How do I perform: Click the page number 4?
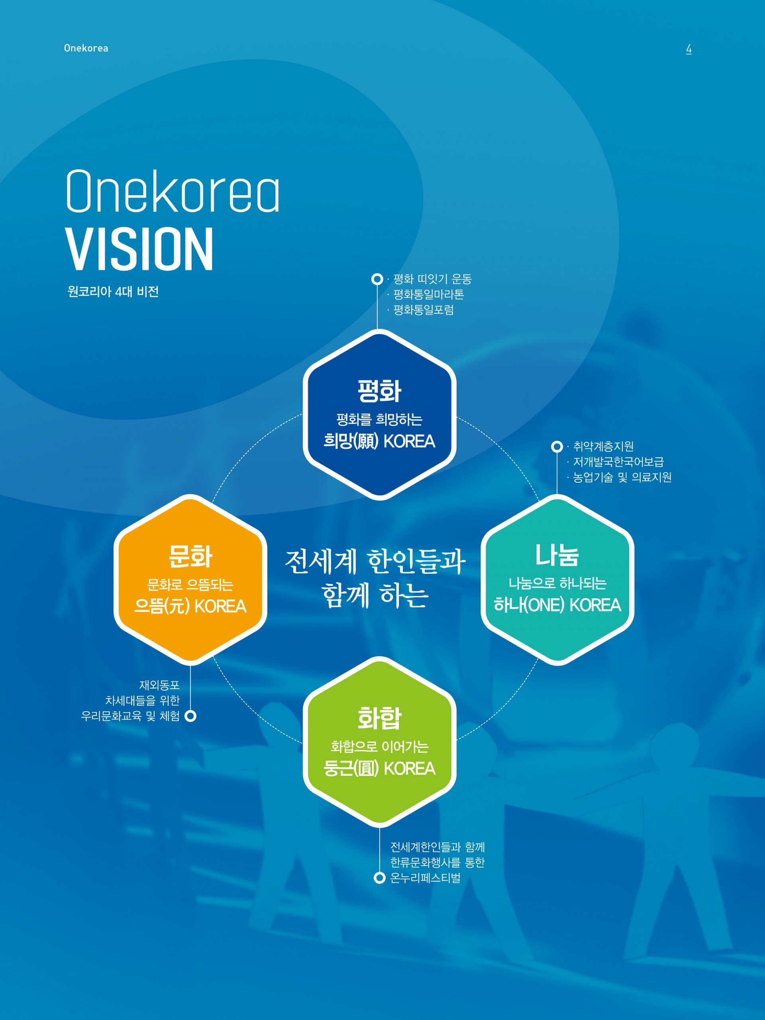tap(688, 49)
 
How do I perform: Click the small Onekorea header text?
tap(86, 48)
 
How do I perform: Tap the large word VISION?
tap(139, 249)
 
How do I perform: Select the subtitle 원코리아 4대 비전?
tap(113, 291)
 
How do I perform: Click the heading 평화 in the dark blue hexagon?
tap(379, 391)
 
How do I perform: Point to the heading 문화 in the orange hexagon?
tap(190, 556)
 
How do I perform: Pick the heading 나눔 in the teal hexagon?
tap(557, 555)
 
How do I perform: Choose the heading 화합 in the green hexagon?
tap(379, 718)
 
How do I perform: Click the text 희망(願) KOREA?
tap(379, 441)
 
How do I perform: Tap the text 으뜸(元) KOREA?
tap(190, 606)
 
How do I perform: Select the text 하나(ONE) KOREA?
tap(557, 604)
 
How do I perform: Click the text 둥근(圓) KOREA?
tap(379, 768)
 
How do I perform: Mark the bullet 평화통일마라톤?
tap(428, 294)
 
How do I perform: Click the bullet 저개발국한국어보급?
tap(618, 461)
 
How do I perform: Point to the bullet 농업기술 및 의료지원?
tap(622, 477)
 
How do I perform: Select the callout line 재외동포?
tap(159, 685)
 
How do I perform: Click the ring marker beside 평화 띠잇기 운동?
tap(377, 279)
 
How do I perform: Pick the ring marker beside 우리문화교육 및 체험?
tap(190, 716)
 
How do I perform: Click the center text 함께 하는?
tap(375, 595)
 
